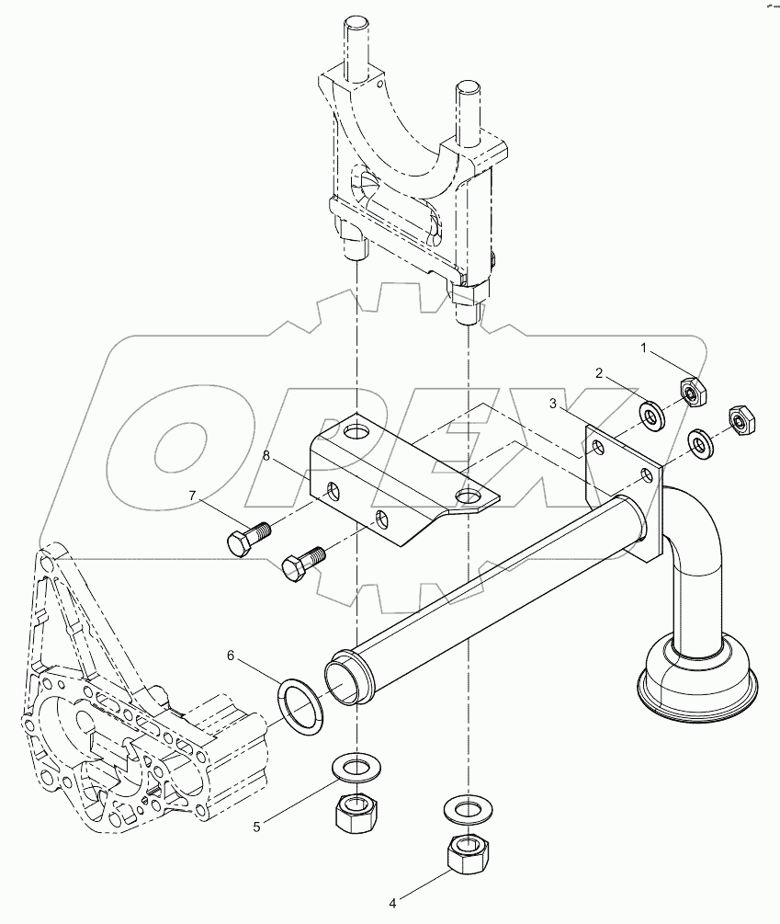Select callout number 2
(599, 374)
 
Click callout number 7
(193, 496)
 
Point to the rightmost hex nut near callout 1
(740, 419)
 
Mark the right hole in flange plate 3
(648, 475)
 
